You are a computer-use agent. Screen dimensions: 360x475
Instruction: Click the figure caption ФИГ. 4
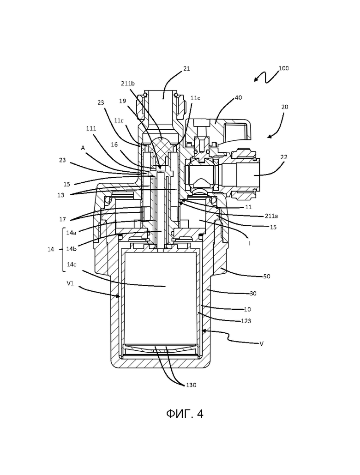click(x=185, y=414)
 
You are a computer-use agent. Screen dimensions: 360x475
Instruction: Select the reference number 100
click(x=283, y=68)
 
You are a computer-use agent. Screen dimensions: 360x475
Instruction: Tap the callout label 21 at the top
click(x=186, y=69)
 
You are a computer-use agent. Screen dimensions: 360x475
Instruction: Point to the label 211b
click(x=128, y=84)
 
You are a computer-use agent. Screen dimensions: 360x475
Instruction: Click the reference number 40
click(x=238, y=98)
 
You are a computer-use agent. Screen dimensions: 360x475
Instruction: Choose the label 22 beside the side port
click(x=284, y=157)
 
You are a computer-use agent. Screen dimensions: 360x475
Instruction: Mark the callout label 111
click(x=91, y=128)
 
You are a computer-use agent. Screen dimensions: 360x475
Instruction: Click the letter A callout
click(x=83, y=148)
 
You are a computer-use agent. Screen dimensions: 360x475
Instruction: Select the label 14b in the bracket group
click(x=71, y=249)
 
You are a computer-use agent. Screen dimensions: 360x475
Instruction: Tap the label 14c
click(x=71, y=265)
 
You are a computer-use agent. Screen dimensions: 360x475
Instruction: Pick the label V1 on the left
click(x=70, y=283)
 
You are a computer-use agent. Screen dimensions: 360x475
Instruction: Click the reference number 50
click(x=267, y=276)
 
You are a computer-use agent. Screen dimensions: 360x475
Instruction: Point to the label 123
click(x=246, y=321)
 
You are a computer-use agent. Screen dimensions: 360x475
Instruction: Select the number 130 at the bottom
click(x=191, y=385)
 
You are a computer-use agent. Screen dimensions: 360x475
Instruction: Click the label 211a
click(x=271, y=216)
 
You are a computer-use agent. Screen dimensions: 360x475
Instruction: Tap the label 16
click(x=114, y=145)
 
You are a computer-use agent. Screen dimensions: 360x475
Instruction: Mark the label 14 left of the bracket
click(x=51, y=249)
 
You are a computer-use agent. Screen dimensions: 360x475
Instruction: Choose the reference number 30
click(x=253, y=293)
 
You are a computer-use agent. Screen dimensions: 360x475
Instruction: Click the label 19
click(x=122, y=101)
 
